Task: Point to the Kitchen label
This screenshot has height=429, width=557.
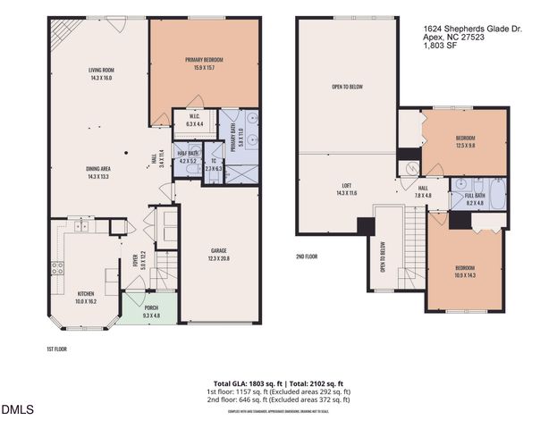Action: [x=87, y=297]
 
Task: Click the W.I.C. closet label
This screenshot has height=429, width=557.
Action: [x=194, y=120]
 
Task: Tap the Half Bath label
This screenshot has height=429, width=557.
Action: [x=187, y=157]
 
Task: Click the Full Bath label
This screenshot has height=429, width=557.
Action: [x=474, y=199]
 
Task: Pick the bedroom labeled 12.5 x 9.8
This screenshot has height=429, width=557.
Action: [x=465, y=141]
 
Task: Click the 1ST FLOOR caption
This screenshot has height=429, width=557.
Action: [x=57, y=349]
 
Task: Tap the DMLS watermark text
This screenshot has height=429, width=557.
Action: [x=18, y=411]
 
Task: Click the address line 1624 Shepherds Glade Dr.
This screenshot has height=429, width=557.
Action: [x=472, y=29]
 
